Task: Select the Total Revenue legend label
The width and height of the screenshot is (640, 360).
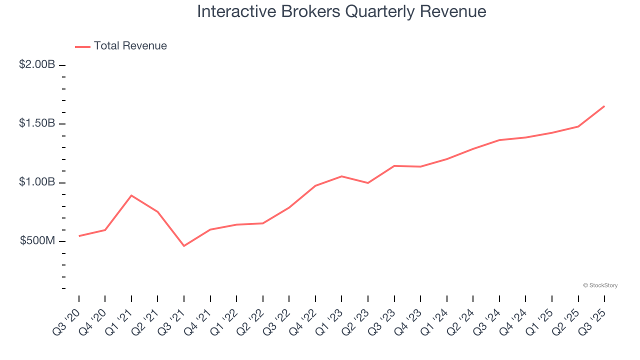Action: point(130,46)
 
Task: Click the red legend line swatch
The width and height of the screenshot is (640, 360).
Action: point(82,46)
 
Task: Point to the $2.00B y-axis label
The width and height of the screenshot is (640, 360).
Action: point(37,64)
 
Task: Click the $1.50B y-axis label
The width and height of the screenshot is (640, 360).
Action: point(37,123)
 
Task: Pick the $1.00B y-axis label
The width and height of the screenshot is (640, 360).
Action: point(37,182)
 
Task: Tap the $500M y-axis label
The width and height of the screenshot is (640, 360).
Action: point(37,241)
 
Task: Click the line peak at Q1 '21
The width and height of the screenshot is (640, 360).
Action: point(131,195)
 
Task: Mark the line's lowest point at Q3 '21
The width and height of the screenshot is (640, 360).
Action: point(184,245)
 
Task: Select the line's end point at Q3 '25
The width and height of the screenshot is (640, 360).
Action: point(604,106)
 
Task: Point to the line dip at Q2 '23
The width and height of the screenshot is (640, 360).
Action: point(368,183)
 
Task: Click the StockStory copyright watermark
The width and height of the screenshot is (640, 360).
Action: point(600,285)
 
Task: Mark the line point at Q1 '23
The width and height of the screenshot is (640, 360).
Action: point(341,176)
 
